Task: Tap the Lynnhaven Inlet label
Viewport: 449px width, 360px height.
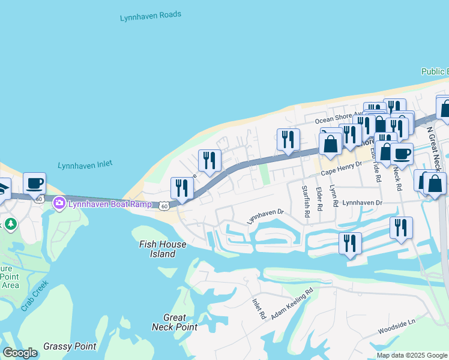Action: [85, 165]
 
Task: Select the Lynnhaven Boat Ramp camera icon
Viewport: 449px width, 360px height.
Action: [59, 203]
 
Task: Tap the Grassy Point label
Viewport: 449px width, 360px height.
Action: [70, 346]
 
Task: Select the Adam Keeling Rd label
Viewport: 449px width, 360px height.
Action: [292, 304]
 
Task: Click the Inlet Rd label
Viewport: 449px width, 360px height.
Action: [259, 308]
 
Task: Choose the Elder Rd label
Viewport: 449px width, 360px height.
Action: [319, 198]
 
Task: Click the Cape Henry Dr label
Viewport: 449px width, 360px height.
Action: [342, 168]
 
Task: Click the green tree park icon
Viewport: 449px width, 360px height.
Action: [10, 224]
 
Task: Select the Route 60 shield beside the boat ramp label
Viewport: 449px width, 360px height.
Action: [164, 206]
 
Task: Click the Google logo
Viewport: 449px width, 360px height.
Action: [20, 353]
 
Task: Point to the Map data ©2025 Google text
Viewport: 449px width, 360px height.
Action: [411, 355]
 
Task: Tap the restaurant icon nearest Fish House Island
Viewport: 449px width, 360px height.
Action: [182, 187]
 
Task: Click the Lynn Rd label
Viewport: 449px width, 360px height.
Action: [334, 198]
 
